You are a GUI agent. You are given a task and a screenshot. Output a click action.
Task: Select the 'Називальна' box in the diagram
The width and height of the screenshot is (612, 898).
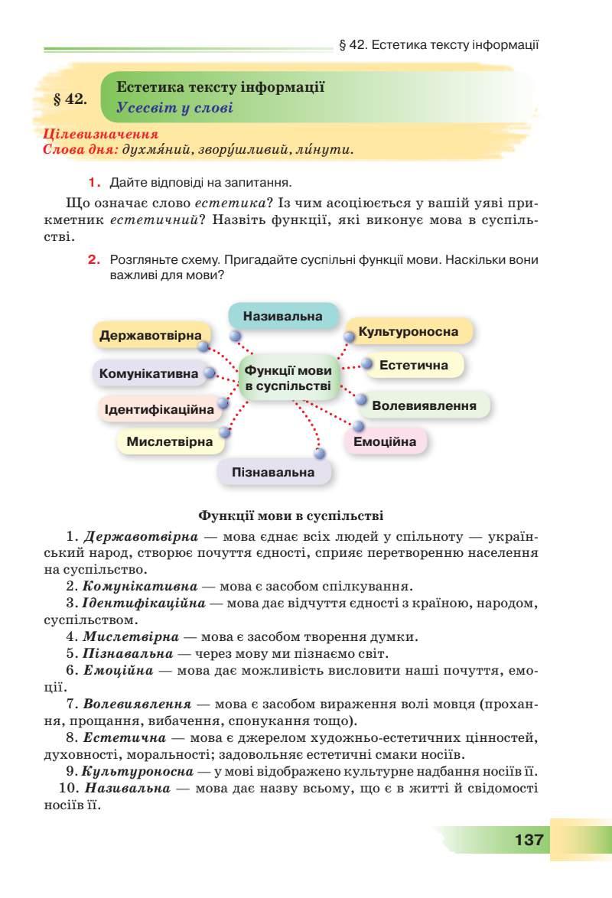283,316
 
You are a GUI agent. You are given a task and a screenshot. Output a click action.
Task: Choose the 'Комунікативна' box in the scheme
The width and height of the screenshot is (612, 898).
148,374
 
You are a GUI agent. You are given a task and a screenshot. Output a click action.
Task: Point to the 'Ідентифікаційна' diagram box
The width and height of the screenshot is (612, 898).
159,410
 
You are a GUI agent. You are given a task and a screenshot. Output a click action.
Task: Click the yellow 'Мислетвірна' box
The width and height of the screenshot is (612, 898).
170,442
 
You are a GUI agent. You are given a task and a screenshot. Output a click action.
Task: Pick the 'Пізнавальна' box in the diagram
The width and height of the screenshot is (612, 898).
273,472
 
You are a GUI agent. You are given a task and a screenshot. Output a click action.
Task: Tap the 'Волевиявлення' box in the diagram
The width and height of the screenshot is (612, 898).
424,405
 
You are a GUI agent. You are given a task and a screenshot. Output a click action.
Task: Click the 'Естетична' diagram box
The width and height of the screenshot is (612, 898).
414,366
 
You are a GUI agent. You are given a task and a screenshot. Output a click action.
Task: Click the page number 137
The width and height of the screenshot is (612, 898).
529,839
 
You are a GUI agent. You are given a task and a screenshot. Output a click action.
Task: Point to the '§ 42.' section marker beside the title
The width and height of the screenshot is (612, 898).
70,99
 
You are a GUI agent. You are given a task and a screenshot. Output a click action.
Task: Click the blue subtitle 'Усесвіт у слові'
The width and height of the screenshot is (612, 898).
174,108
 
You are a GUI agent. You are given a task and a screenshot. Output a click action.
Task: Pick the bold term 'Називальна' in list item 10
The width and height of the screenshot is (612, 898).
125,788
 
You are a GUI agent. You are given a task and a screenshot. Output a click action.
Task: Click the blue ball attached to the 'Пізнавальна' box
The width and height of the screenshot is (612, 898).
320,454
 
